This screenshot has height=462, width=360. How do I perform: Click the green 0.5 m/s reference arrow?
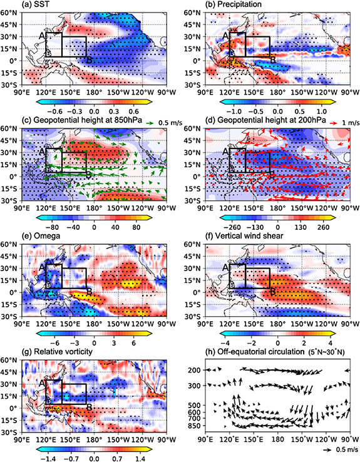141,121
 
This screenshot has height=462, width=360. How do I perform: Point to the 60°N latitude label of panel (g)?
11,361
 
